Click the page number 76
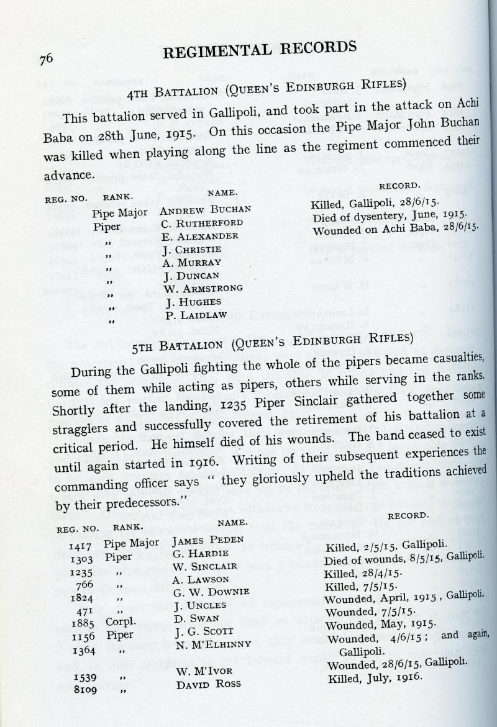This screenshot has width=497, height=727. click(45, 59)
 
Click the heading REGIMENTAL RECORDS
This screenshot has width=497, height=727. click(260, 50)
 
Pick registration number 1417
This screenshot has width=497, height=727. click(81, 546)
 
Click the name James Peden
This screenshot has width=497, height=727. click(199, 540)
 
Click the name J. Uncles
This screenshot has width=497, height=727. click(193, 605)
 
